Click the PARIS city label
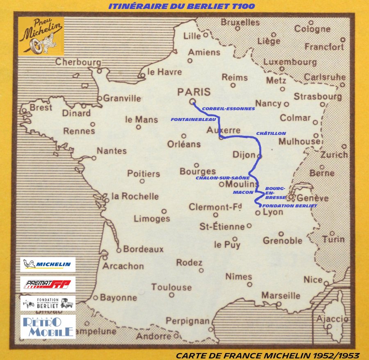(194, 92)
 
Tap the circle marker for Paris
(192, 102)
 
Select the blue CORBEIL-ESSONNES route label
(228, 109)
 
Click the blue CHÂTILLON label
(271, 134)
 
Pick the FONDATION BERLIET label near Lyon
(289, 205)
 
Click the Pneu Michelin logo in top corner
(41, 37)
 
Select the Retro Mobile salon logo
(48, 326)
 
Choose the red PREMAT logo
(48, 284)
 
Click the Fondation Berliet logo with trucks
(48, 303)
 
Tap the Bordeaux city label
(143, 249)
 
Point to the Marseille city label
(281, 295)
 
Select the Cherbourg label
(78, 62)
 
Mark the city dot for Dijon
(259, 156)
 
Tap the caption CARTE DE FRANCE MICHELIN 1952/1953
(268, 355)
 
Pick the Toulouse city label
(171, 287)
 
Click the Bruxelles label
(240, 22)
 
